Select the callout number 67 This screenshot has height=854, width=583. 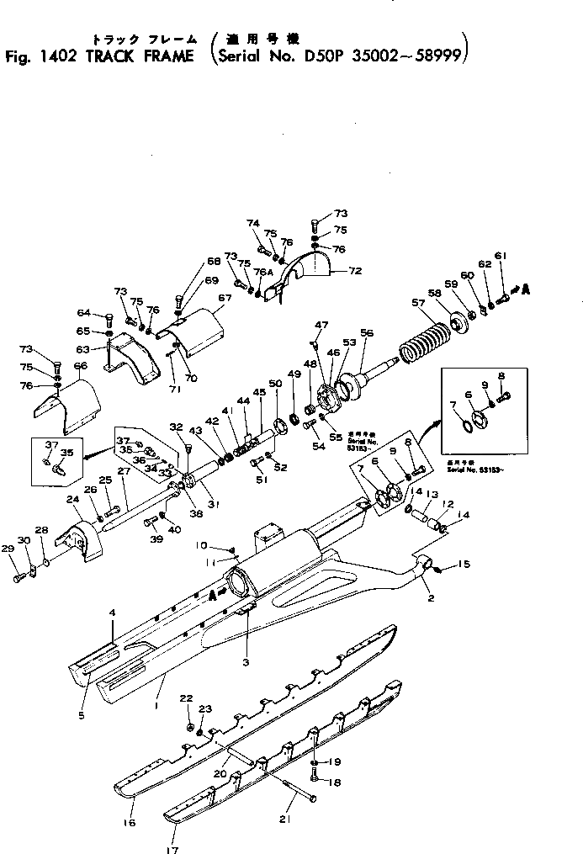tap(224, 298)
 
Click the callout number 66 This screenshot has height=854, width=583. tap(81, 366)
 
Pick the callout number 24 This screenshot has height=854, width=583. tap(73, 499)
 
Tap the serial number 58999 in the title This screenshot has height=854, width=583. tap(437, 58)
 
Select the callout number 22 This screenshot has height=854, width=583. tap(187, 698)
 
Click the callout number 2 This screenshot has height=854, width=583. tap(431, 599)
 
